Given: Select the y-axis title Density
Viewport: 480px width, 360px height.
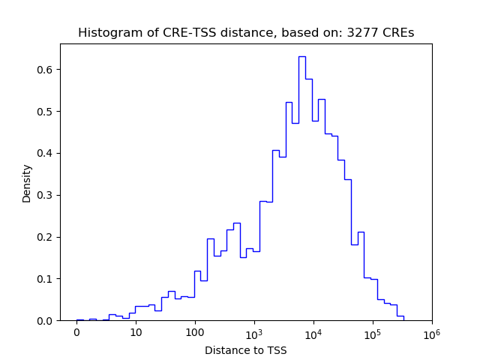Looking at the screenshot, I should [x=27, y=183].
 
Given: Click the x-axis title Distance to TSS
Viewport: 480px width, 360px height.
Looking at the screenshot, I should [x=245, y=350].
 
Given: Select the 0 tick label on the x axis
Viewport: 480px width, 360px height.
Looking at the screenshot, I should [x=76, y=333].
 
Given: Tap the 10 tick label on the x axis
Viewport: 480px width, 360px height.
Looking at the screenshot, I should [x=136, y=333].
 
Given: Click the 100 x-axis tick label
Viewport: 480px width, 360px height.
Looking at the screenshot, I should [x=195, y=333].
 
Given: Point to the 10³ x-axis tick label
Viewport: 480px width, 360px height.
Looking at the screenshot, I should [x=254, y=332].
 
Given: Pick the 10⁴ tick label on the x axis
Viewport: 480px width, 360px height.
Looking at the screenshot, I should [x=313, y=332].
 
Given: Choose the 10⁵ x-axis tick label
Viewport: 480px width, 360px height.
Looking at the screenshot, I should [x=373, y=332].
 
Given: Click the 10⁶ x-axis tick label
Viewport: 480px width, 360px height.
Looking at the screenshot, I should [x=431, y=332].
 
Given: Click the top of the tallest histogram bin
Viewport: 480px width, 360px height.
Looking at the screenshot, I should [x=301, y=57].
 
